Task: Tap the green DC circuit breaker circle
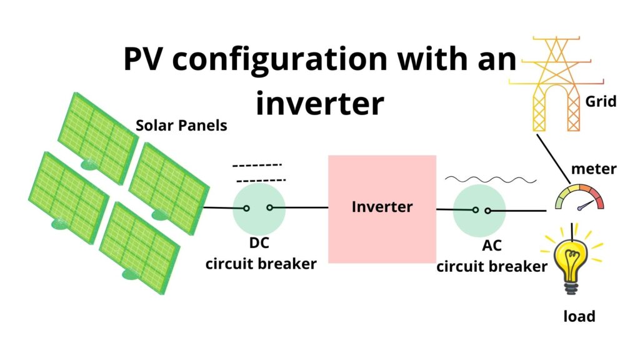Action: click(259, 209)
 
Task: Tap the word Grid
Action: click(601, 101)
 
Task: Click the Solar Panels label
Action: click(181, 126)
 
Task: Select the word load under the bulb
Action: click(579, 316)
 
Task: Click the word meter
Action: click(594, 169)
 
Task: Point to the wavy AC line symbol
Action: click(491, 179)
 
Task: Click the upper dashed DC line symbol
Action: click(257, 166)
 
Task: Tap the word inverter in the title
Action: click(319, 104)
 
